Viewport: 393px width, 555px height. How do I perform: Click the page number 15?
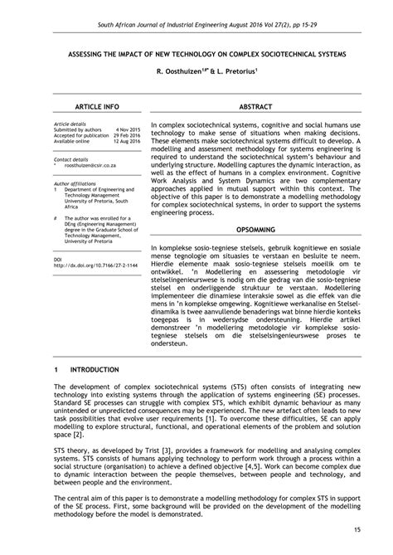(x=356, y=528)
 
